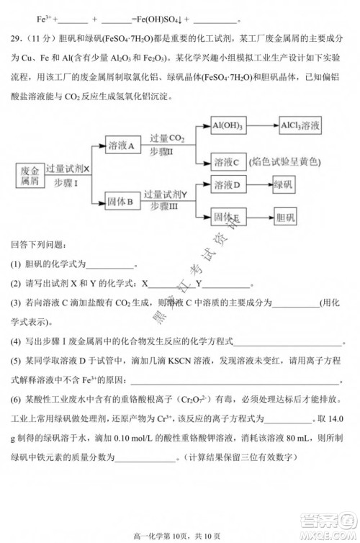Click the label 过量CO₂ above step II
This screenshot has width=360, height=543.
(x=168, y=138)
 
